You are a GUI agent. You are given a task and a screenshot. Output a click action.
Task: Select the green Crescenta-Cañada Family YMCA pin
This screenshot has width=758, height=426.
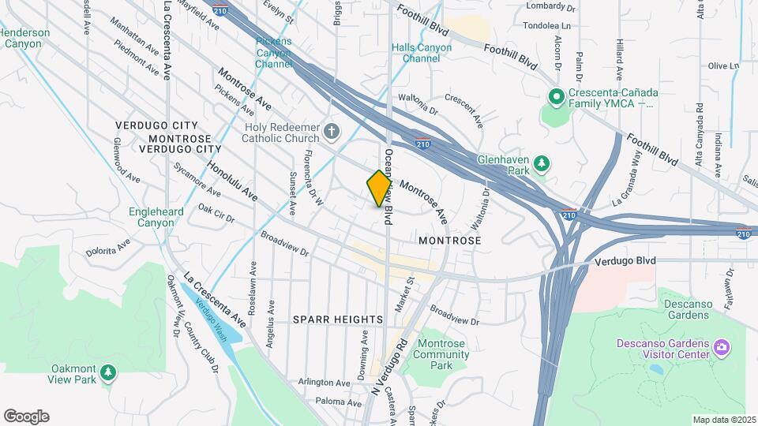556,97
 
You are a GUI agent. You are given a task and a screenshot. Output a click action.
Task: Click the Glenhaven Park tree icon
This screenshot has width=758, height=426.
541,164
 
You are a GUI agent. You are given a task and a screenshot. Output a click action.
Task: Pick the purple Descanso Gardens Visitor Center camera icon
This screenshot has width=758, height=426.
720,347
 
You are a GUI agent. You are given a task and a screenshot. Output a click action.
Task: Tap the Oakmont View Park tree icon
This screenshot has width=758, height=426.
107,371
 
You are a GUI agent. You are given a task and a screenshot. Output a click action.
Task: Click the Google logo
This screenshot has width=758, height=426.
26,417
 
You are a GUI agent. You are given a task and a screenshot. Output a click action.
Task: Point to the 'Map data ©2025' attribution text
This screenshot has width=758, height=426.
724,420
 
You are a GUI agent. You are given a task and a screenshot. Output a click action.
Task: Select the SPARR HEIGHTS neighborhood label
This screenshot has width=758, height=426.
338,319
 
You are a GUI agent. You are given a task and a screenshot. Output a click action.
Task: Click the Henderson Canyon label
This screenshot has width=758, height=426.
25,38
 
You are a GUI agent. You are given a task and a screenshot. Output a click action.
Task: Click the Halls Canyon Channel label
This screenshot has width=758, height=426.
422,53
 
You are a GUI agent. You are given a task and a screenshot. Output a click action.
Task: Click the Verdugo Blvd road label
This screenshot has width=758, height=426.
625,260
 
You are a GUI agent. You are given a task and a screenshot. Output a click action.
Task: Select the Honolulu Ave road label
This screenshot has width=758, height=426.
232,181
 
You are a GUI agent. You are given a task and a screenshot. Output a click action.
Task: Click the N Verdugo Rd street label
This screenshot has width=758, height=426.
391,368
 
